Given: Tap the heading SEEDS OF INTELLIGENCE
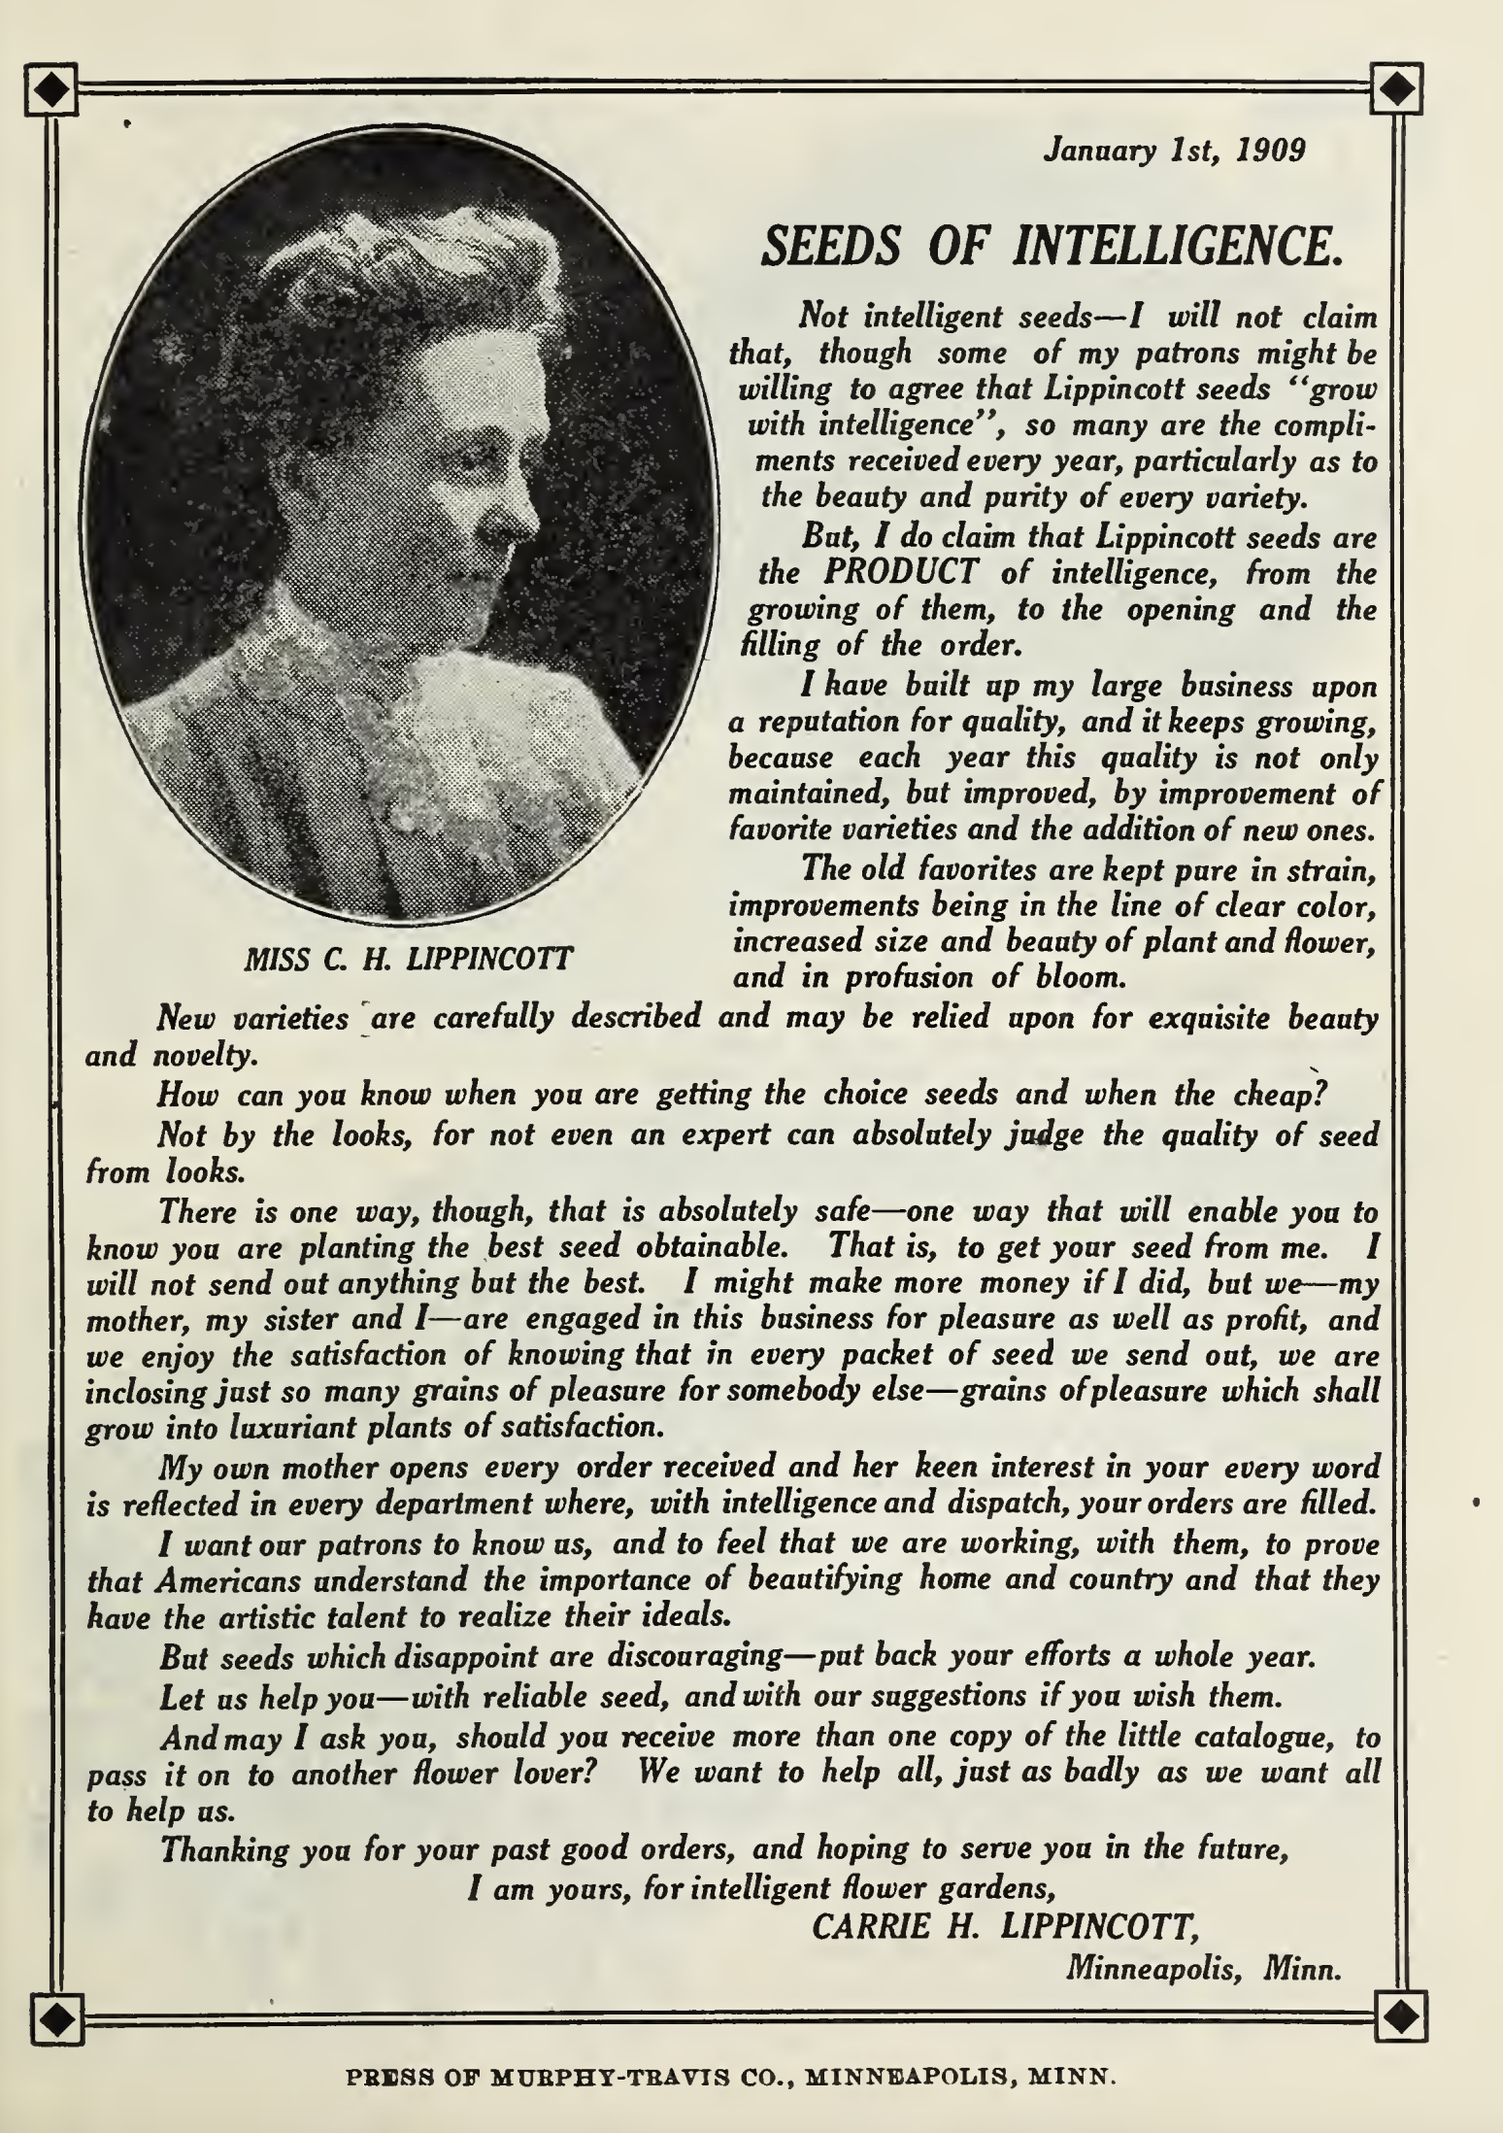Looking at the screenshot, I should click(x=1052, y=244).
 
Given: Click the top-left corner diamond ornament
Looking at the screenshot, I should click(x=53, y=90).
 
